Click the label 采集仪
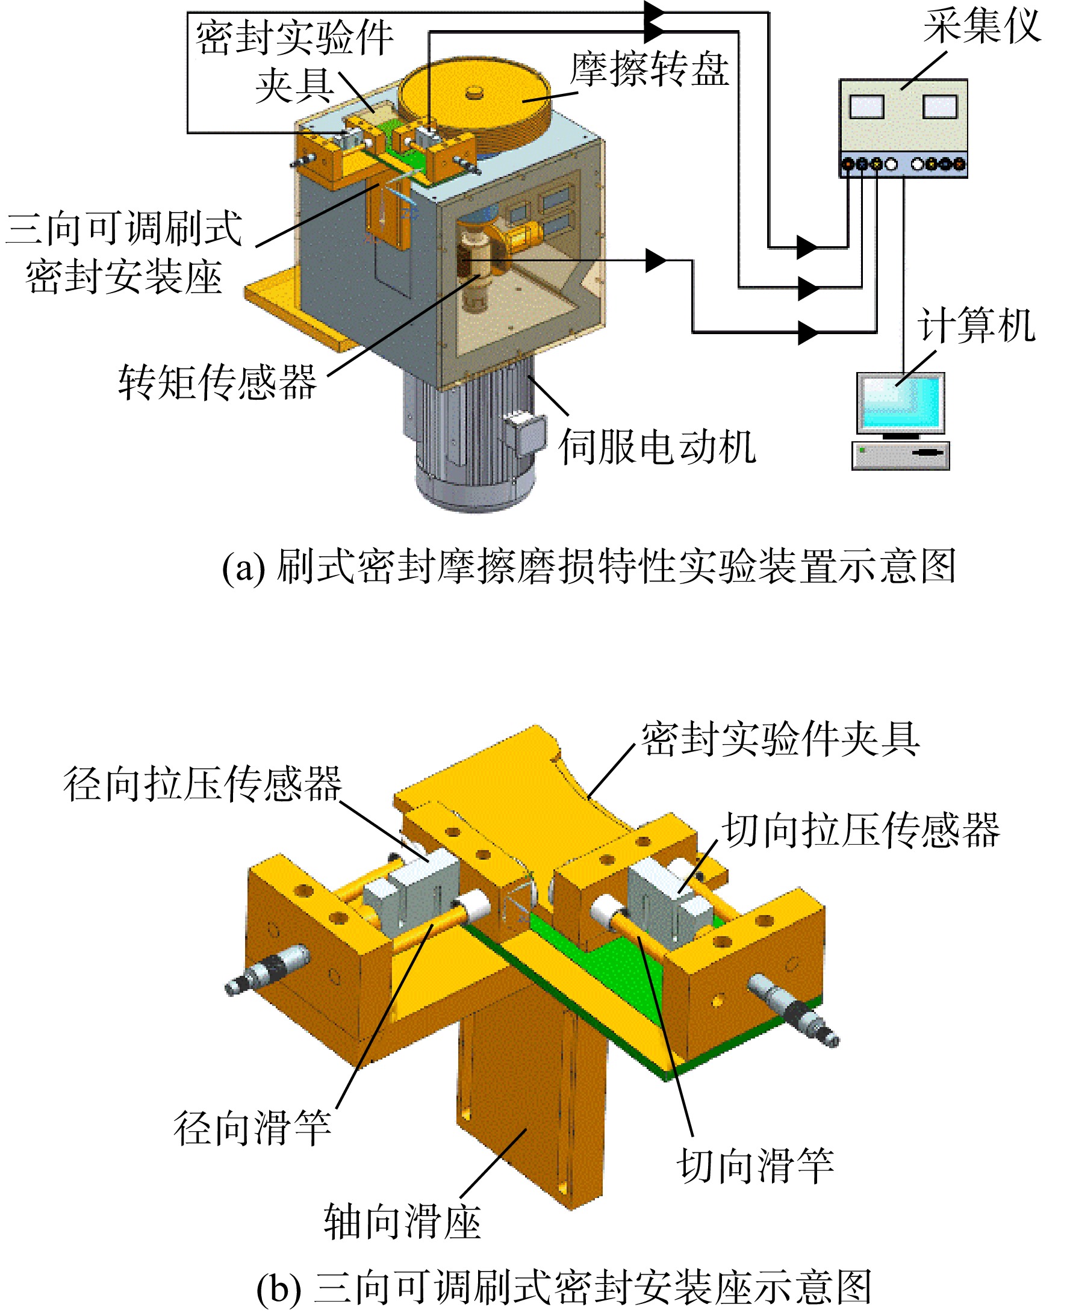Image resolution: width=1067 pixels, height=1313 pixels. pos(981,26)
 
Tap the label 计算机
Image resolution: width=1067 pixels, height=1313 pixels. pos(977,325)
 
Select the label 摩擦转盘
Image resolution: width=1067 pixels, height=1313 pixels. pos(650,69)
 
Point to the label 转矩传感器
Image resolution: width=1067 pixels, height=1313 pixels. pos(217,382)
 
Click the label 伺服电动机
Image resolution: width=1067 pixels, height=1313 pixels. pos(657,447)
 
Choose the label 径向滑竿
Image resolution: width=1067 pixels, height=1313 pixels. pos(252,1128)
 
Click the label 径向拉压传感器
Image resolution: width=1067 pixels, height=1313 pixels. pos(203,784)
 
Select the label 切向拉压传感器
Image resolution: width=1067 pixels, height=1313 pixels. pos(861,830)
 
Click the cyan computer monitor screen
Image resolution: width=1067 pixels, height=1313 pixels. pos(900,402)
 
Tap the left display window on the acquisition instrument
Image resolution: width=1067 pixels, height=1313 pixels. pos(866,107)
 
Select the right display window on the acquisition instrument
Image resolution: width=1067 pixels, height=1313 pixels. pos(940,107)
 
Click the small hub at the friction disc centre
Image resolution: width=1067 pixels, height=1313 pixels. pos(474,92)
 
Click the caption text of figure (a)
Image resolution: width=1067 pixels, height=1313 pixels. pos(588,566)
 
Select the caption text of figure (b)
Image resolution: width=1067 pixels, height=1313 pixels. pos(564,1287)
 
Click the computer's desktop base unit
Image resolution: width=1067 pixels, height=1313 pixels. pos(900,456)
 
